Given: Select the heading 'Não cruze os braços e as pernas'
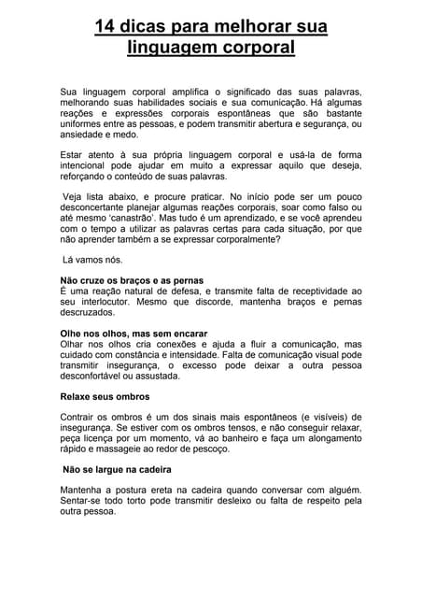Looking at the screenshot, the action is [132, 280].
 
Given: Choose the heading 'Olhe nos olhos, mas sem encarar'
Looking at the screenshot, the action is [133, 334].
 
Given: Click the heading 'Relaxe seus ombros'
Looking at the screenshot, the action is [105, 397].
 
